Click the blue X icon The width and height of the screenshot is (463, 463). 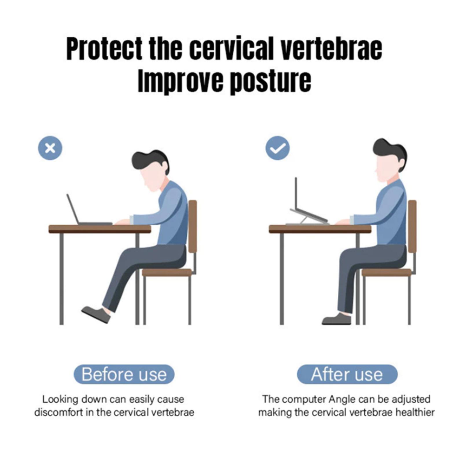click(x=50, y=148)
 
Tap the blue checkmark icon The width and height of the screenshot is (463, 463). click(x=278, y=148)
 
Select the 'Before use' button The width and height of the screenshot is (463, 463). click(x=124, y=374)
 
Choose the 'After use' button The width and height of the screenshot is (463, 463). click(x=347, y=374)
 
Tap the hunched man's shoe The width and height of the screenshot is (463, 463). click(x=96, y=315)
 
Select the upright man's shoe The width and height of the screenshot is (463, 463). click(x=337, y=319)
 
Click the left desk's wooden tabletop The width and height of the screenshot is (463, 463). click(x=100, y=229)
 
